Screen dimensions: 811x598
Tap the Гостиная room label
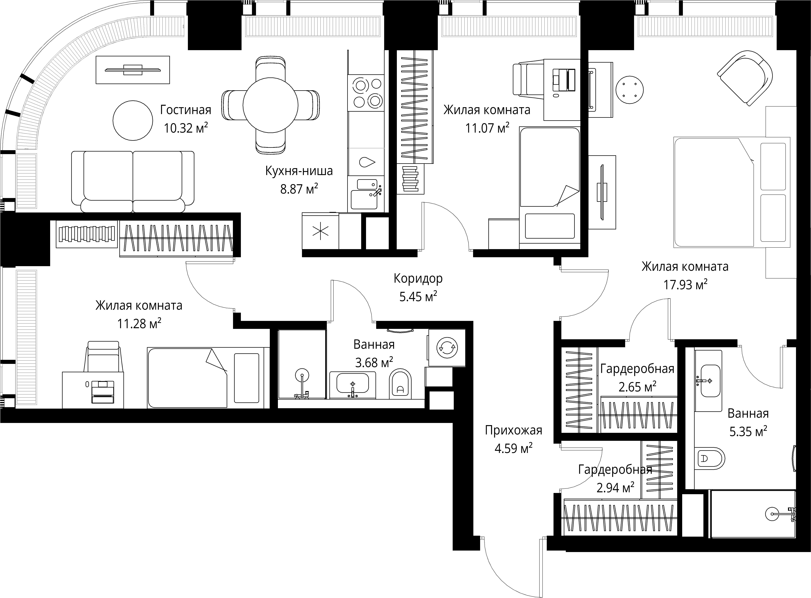pyautogui.click(x=186, y=110)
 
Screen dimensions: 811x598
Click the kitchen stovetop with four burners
pyautogui.click(x=366, y=93)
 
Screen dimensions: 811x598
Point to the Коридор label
pyautogui.click(x=418, y=279)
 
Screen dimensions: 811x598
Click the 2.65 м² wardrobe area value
pyautogui.click(x=637, y=387)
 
